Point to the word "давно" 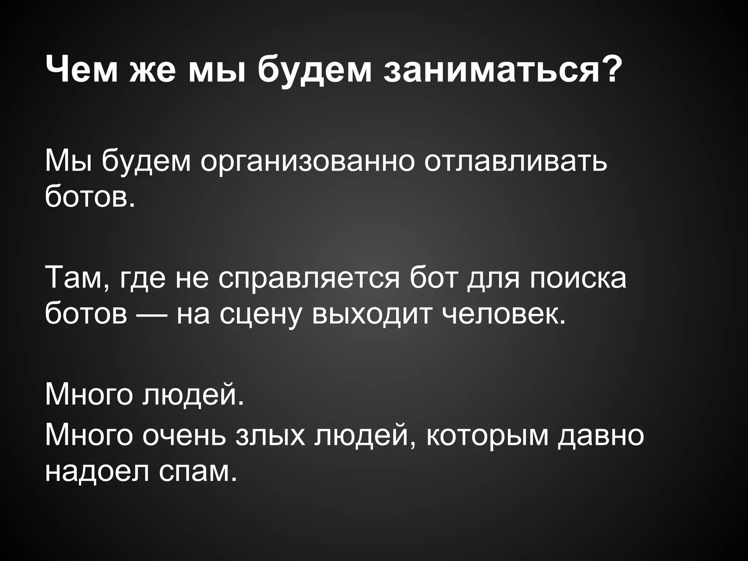click(600, 435)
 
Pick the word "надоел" click(97, 471)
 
